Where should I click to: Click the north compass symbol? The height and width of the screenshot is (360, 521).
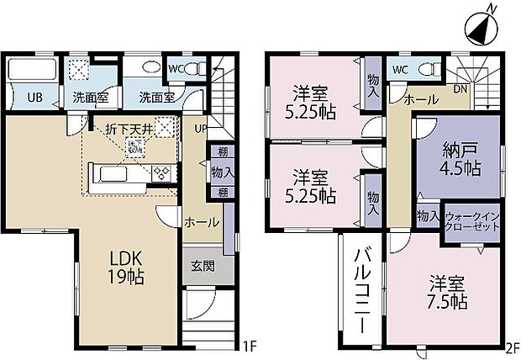pyautogui.click(x=481, y=25)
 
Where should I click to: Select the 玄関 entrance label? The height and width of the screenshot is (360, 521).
pyautogui.click(x=203, y=266)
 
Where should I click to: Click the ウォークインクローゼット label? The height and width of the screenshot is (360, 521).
pyautogui.click(x=472, y=222)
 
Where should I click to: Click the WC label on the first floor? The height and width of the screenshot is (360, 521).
pyautogui.click(x=176, y=68)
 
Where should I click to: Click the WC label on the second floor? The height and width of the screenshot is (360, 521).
pyautogui.click(x=399, y=68)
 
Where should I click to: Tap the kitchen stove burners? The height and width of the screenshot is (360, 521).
pyautogui.click(x=160, y=173)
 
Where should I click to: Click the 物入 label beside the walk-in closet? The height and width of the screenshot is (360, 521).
pyautogui.click(x=429, y=215)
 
